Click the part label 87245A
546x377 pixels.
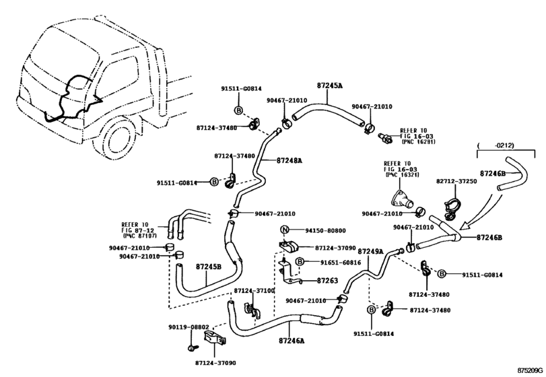(x=329, y=85)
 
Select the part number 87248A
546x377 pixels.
(x=289, y=160)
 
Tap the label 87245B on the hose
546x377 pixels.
(x=208, y=267)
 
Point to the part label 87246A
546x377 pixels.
(x=292, y=341)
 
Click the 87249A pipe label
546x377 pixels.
(x=370, y=251)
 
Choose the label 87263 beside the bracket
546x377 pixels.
(x=327, y=280)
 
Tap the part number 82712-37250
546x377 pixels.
(x=456, y=181)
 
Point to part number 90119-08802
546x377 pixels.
(x=189, y=327)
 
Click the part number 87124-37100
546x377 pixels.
(x=254, y=290)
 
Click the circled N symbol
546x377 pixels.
(x=285, y=230)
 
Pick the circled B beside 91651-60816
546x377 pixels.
(x=300, y=262)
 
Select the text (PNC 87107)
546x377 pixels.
(x=139, y=236)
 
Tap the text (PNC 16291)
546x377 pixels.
(x=418, y=141)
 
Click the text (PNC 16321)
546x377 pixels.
(x=402, y=174)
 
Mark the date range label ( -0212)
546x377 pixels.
(x=496, y=145)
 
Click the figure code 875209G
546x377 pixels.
(x=531, y=370)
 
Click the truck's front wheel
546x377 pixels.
(x=119, y=139)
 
